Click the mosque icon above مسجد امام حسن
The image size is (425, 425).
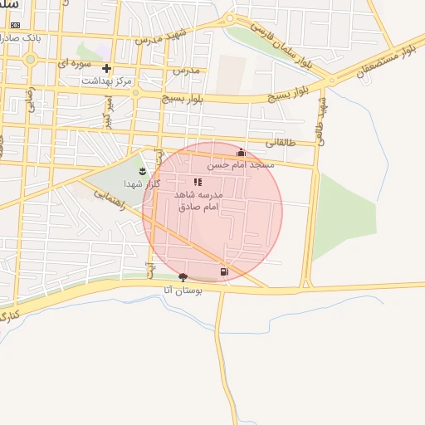tap(241, 153)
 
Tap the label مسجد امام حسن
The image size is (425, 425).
tap(241, 165)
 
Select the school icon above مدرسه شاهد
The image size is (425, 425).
tap(198, 182)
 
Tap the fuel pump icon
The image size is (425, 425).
tap(223, 271)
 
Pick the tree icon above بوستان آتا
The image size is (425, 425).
tap(183, 276)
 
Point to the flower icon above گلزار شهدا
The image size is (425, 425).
tap(142, 171)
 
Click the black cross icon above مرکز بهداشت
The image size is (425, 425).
tap(106, 69)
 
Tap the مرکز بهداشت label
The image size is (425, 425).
tap(106, 81)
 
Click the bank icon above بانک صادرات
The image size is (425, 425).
tap(15, 26)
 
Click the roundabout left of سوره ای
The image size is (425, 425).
tap(31, 59)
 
